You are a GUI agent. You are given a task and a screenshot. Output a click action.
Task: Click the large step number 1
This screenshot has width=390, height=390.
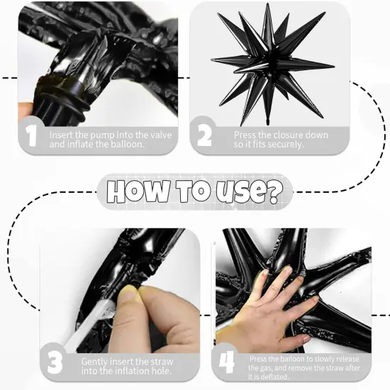tap(30, 136)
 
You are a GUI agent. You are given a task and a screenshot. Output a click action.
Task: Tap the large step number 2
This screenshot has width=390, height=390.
tap(204, 134)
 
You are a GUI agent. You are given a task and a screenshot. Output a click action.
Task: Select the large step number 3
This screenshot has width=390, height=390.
tap(55, 362)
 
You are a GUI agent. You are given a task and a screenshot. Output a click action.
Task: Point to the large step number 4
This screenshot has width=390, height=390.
tap(225, 362)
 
